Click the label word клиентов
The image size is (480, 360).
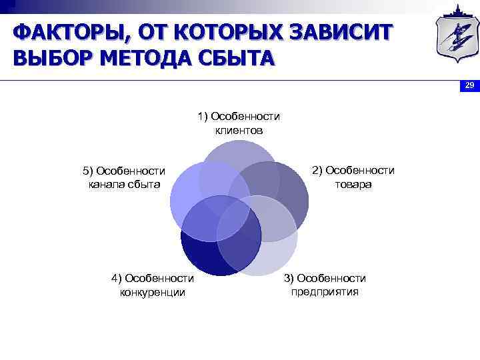pos(239,130)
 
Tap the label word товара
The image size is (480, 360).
pos(353,184)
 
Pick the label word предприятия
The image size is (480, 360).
pos(325,291)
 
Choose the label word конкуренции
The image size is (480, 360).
pos(153,291)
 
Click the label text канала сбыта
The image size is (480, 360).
pos(125,184)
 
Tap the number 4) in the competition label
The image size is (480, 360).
pos(116,278)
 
